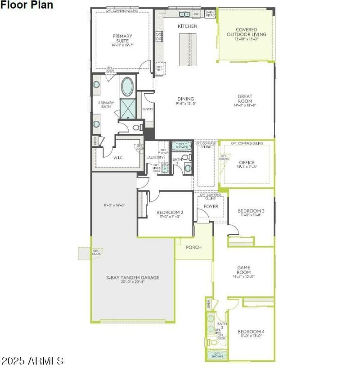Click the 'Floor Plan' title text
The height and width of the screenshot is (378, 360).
tap(27, 5)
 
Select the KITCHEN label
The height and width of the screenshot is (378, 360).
tap(187, 26)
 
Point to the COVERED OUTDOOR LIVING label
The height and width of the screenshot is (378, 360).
tap(246, 31)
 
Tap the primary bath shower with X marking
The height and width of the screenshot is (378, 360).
tap(129, 108)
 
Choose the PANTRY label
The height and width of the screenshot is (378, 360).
tap(148, 109)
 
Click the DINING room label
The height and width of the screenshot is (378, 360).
tap(185, 99)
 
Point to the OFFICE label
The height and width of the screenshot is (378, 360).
tap(247, 162)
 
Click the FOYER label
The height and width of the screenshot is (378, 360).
tap(211, 206)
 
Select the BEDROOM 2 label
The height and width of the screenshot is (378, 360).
tap(169, 212)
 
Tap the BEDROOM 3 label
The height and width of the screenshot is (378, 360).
tap(251, 211)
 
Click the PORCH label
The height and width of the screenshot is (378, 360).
tap(193, 247)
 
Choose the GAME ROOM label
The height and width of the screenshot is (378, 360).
tap(244, 270)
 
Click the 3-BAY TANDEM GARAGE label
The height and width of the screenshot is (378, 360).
tap(133, 278)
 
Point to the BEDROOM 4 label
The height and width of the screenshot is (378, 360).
tap(251, 332)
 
